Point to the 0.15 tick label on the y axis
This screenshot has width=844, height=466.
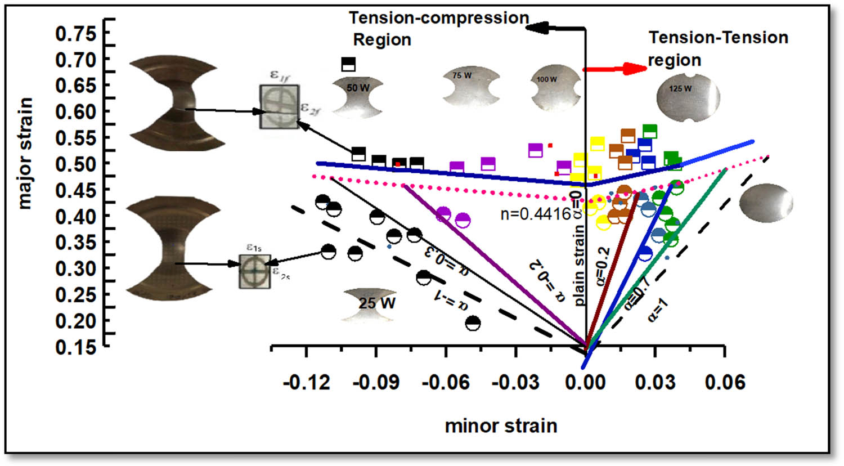tap(75, 347)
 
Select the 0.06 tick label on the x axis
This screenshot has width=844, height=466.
tap(725, 383)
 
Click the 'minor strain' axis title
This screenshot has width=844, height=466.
tap(501, 425)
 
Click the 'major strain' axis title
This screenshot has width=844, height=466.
tap(25, 153)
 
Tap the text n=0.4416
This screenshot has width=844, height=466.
tap(535, 214)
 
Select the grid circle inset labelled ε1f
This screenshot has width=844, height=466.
tap(280, 106)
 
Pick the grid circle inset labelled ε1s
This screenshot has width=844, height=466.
tap(255, 271)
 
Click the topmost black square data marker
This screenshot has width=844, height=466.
tap(349, 64)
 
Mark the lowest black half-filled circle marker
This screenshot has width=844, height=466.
tap(473, 323)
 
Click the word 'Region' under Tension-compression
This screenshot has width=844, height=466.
tap(382, 40)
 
